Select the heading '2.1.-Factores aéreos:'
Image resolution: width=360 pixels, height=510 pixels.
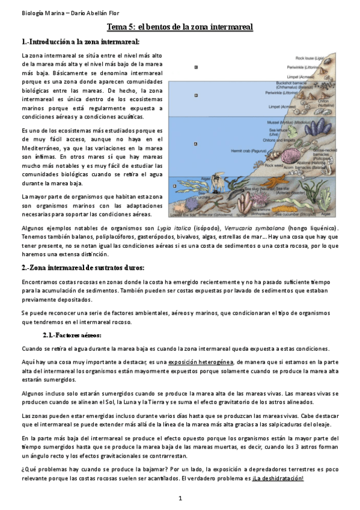[x=72, y=335]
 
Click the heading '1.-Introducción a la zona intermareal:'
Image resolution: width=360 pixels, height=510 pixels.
[x=80, y=42]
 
